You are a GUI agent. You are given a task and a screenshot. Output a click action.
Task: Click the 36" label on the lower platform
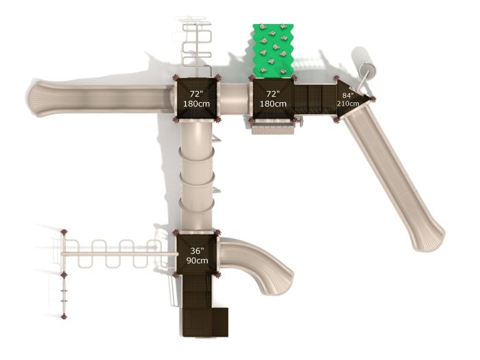click(197, 251)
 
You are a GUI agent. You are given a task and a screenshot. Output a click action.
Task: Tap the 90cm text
click(197, 261)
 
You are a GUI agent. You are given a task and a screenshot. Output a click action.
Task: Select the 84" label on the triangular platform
click(348, 95)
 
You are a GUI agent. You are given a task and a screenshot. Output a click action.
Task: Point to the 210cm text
click(348, 104)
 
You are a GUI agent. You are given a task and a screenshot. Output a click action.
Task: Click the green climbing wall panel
click(273, 50)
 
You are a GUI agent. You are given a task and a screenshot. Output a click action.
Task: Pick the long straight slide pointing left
click(100, 98)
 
